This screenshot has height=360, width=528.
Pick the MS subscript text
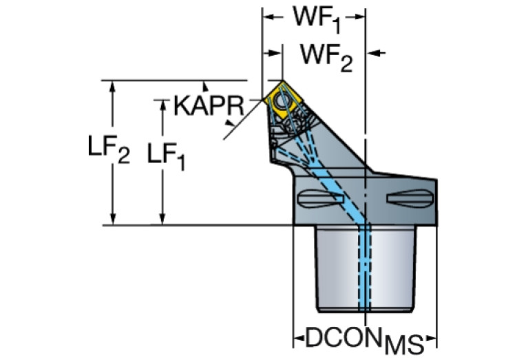click(x=404, y=345)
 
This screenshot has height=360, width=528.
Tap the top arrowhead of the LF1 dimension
click(x=162, y=105)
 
